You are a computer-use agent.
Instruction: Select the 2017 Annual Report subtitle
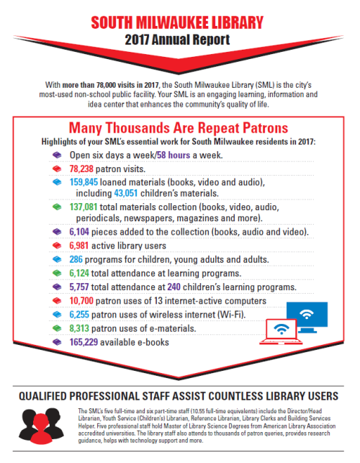point(180,40)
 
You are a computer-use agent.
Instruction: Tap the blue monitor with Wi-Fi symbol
point(307,315)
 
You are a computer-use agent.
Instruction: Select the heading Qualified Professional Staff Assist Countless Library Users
point(180,395)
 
